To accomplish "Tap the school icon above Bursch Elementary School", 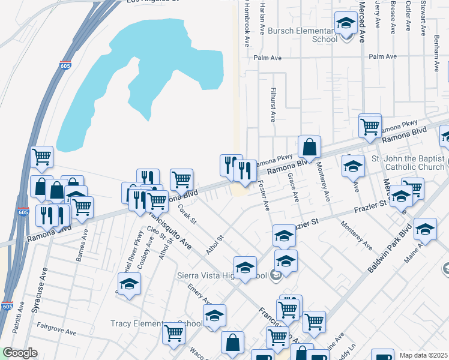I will [345, 24].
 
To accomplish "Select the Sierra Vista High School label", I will [212, 276].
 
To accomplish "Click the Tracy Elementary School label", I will [157, 323].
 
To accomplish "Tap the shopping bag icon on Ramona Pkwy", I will [309, 147].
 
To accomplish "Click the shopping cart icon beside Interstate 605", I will [41, 157].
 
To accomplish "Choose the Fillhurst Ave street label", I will [272, 100].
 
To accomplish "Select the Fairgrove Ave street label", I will [56, 331].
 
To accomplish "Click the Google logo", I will [20, 353].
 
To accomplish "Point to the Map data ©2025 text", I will [424, 355].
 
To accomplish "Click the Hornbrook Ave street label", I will [247, 24].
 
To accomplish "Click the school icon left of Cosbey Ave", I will [129, 284].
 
